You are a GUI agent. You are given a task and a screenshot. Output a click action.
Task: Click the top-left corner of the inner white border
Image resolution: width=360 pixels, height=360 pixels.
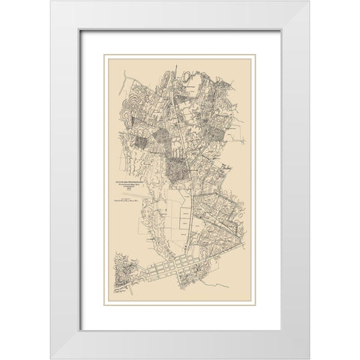click(x=81, y=29)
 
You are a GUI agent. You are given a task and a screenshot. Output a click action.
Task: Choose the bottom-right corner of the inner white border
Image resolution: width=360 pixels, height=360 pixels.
click(x=280, y=330)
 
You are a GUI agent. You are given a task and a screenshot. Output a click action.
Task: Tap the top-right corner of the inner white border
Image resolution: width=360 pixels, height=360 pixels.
click(x=280, y=29)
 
